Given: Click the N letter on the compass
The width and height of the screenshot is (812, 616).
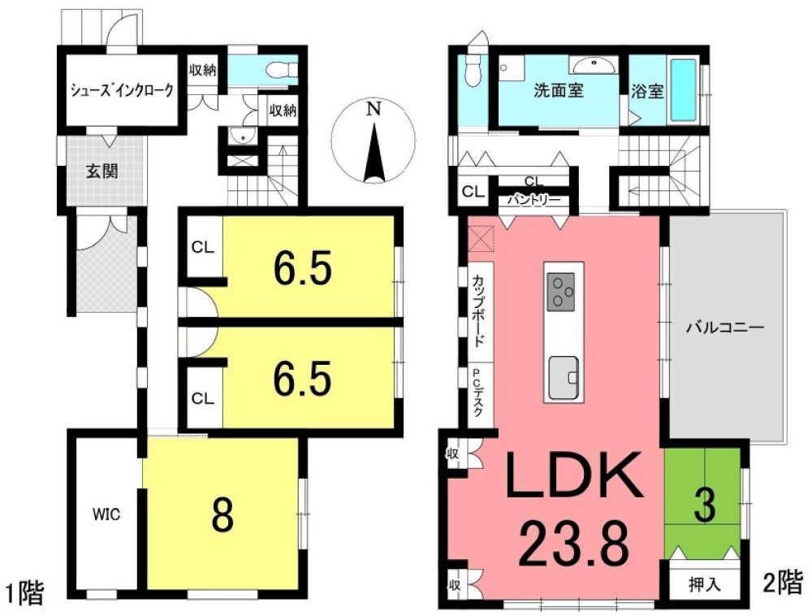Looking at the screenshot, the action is (373, 110).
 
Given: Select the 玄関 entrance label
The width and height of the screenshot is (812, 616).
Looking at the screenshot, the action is (101, 171).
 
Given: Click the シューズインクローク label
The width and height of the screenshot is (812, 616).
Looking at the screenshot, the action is (122, 90).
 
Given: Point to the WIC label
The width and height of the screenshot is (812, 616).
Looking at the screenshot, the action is (106, 514).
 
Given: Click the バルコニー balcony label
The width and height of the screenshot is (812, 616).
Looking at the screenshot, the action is (725, 328).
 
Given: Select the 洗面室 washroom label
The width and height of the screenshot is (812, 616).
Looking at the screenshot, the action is (559, 91).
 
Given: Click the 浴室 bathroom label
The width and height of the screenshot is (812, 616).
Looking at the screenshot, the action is (647, 91).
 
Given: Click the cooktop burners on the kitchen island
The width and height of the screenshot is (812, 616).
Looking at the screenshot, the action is (561, 292).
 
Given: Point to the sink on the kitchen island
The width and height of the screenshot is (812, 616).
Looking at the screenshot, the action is (564, 377).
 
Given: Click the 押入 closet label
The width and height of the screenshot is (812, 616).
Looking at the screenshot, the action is (704, 584).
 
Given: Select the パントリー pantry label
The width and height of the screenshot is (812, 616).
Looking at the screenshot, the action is (533, 199).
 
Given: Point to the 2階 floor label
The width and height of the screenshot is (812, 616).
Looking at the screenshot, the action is (783, 583).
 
